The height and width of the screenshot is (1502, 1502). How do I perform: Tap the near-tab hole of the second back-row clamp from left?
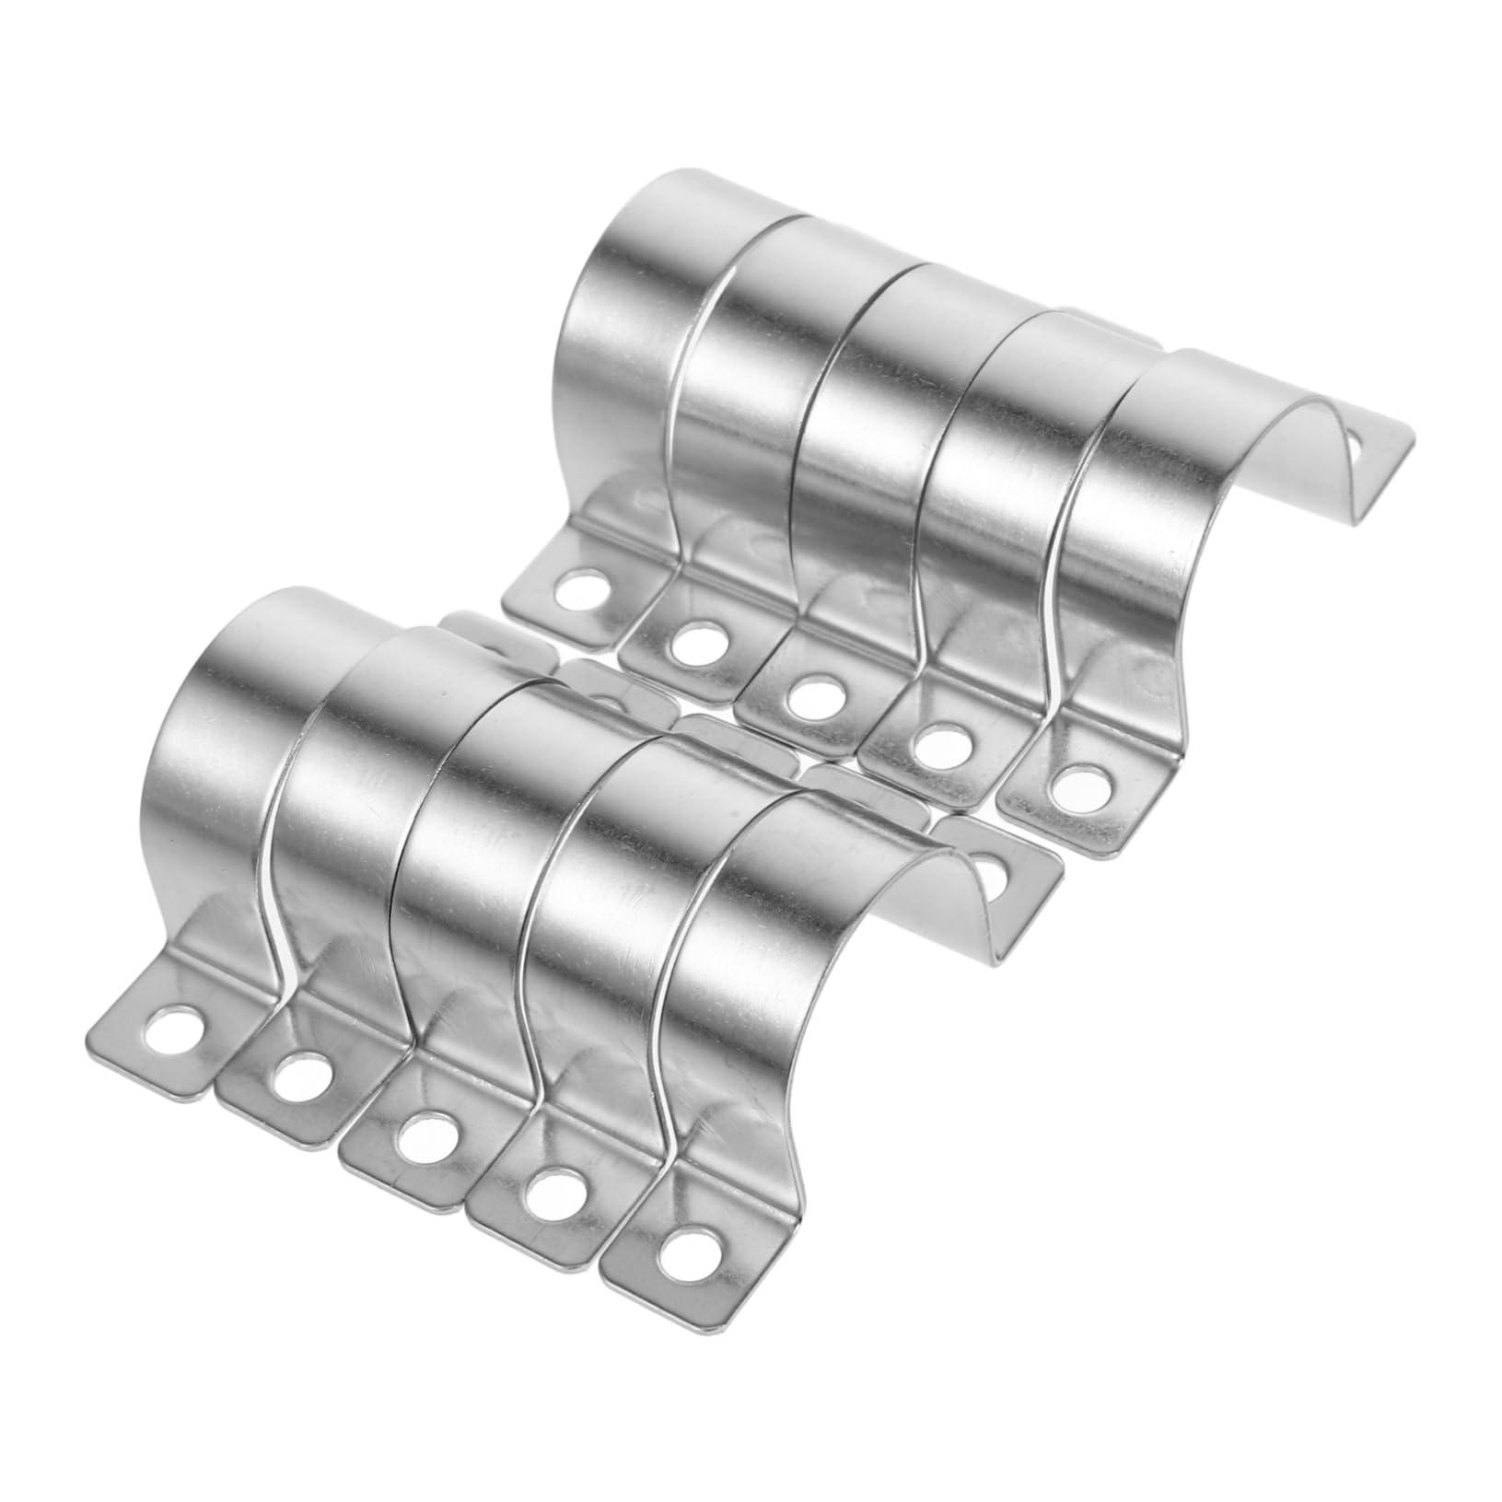[x=698, y=642]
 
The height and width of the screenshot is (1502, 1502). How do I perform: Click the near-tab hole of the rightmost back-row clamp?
[x=1069, y=784]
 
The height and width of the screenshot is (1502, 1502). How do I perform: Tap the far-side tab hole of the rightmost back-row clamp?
[x=1360, y=448]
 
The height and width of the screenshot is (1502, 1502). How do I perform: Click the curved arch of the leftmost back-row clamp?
[x=626, y=276]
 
